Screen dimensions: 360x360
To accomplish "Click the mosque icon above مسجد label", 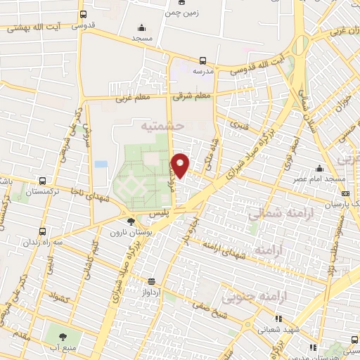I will tap(141, 29).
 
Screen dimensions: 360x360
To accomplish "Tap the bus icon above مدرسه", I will tap(203, 60).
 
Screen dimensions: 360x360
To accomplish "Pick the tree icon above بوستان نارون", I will tap(131, 221).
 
